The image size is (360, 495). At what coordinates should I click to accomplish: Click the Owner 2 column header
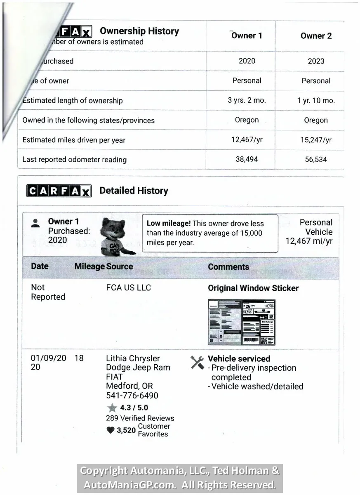[316, 36]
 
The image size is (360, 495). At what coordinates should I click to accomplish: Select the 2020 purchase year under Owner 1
[247, 61]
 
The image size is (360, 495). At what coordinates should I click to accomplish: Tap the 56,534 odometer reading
[316, 160]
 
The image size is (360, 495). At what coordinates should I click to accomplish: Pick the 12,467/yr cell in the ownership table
[247, 140]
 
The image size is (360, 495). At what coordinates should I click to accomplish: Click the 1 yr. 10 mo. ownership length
[316, 101]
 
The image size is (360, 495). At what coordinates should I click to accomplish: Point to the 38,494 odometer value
[247, 160]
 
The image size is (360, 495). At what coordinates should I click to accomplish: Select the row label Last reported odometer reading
[74, 160]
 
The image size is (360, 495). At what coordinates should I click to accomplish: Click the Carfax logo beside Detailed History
[59, 191]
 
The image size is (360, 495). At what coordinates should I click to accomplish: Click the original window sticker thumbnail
[241, 322]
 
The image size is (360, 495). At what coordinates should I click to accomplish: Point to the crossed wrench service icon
[197, 363]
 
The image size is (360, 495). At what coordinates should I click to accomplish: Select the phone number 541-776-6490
[132, 396]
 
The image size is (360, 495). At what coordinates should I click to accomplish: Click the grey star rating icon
[112, 408]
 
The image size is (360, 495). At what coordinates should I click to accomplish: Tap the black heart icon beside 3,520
[110, 430]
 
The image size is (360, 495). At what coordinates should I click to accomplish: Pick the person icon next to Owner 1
[35, 223]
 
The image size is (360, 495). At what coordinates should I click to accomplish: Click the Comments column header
[228, 267]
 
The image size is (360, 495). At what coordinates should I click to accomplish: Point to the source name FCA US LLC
[128, 288]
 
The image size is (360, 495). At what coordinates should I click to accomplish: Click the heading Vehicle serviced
[239, 358]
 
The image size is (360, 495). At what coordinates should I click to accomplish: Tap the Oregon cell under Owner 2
[316, 120]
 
